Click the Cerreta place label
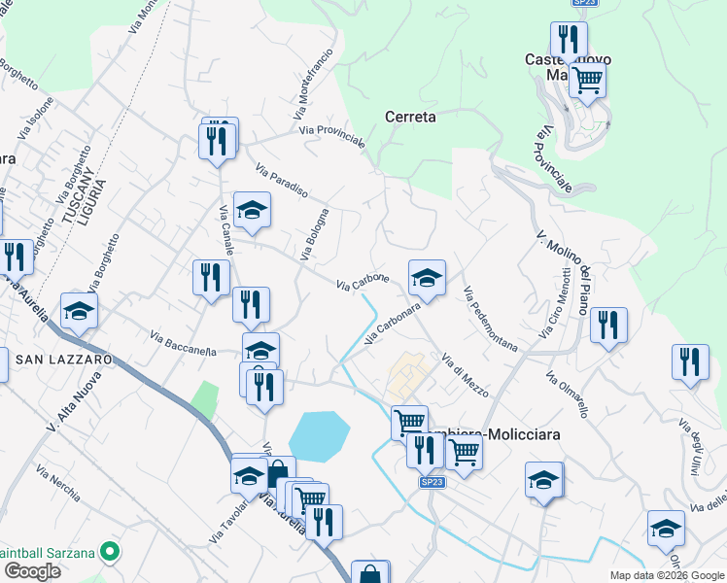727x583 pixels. click(410, 117)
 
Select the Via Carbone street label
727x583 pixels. click(363, 283)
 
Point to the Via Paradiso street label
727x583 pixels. click(282, 179)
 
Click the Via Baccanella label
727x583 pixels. click(183, 344)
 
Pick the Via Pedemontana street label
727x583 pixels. click(491, 318)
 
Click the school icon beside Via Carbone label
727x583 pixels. click(427, 279)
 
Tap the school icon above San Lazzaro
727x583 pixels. click(79, 311)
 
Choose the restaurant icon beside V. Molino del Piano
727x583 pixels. click(608, 326)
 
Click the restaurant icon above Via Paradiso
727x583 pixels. click(219, 140)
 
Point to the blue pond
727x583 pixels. click(318, 435)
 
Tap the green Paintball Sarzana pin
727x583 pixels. click(110, 553)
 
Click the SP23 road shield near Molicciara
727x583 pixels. click(433, 482)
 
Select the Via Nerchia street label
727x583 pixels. click(57, 481)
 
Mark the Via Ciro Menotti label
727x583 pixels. click(563, 299)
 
